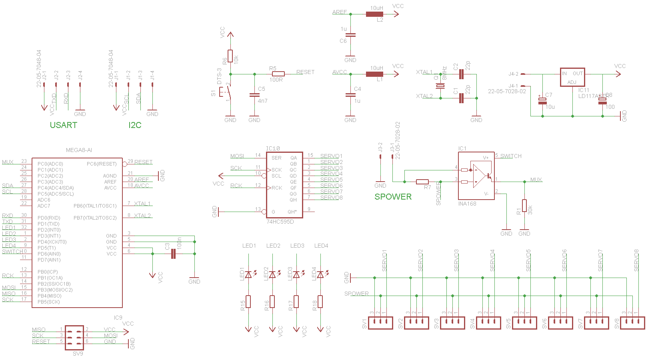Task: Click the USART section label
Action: [63, 125]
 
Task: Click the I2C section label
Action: [135, 125]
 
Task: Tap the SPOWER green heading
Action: [393, 197]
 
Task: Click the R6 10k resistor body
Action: [230, 56]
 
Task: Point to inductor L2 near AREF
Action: [374, 14]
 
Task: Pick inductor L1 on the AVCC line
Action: [374, 74]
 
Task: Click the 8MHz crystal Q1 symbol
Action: [440, 86]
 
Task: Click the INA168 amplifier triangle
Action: [479, 176]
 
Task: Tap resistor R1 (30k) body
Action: [524, 206]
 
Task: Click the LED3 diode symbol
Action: [296, 274]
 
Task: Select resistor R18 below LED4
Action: [320, 302]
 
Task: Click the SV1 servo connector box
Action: [380, 322]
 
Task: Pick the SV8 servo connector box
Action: [632, 322]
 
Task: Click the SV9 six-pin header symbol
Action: [74, 337]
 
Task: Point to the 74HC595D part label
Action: [280, 222]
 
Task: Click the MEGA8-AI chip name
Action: [79, 150]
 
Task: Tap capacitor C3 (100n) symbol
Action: [173, 254]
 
